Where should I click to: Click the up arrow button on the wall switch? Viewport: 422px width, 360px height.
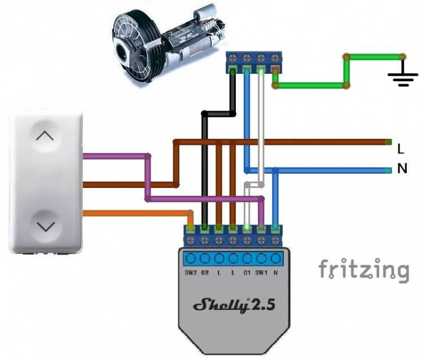(x=46, y=136)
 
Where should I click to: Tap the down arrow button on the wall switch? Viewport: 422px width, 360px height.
(x=46, y=226)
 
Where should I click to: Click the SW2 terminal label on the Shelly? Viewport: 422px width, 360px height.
(x=191, y=274)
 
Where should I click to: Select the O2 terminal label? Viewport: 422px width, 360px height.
(x=205, y=274)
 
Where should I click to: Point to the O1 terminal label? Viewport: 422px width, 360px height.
(x=247, y=274)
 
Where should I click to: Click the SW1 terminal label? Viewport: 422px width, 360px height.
(x=261, y=274)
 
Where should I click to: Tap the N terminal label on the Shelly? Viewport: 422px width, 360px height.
(x=275, y=274)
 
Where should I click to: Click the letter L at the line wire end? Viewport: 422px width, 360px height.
(x=401, y=150)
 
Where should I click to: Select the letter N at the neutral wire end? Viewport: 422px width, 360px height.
(x=402, y=168)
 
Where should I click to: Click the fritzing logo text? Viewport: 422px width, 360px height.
(x=363, y=270)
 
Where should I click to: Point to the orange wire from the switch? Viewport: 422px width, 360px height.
(x=135, y=213)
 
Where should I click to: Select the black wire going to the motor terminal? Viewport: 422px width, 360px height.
(x=204, y=169)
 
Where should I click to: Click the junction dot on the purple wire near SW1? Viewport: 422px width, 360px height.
(x=261, y=199)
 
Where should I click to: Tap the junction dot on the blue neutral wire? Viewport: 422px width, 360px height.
(x=275, y=170)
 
